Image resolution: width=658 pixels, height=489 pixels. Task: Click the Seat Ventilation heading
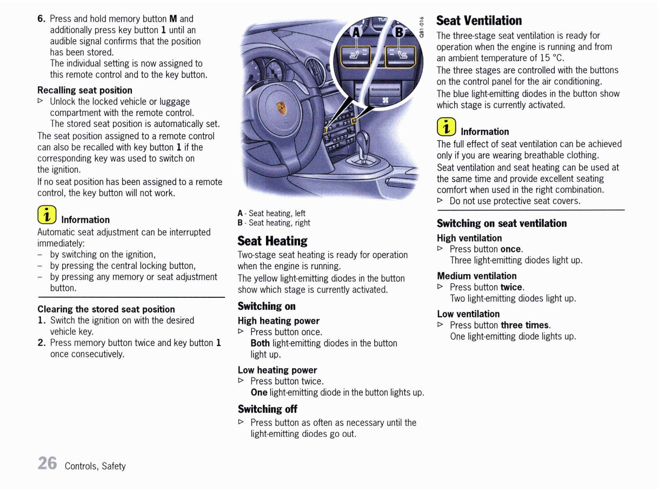click(x=478, y=21)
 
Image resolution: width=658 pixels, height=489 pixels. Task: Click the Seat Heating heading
click(x=272, y=241)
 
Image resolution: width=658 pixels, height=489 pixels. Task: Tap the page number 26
click(x=47, y=464)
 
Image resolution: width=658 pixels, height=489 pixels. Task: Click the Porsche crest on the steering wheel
click(x=281, y=108)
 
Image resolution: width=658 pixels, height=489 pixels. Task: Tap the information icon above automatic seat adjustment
click(x=47, y=216)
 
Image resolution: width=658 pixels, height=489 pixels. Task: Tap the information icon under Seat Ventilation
click(x=447, y=127)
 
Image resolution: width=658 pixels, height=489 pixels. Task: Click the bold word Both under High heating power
click(x=260, y=343)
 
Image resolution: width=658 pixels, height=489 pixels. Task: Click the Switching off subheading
click(x=267, y=409)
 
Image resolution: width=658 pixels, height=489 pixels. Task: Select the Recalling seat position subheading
click(x=85, y=90)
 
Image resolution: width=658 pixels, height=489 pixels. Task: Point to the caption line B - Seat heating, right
click(x=274, y=223)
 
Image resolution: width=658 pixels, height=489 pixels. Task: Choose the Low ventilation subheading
click(x=468, y=314)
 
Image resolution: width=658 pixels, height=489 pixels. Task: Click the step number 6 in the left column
click(x=41, y=18)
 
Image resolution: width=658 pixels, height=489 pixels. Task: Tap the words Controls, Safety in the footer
click(x=95, y=466)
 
